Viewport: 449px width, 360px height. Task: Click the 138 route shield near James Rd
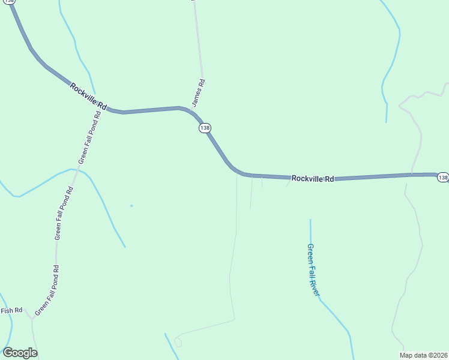pos(205,128)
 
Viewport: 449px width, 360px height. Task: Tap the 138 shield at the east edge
pos(442,177)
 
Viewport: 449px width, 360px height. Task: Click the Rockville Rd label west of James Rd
pos(88,97)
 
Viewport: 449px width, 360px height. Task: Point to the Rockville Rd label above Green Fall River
pos(312,178)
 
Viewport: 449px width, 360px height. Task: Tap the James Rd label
pos(199,93)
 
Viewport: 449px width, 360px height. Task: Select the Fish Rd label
pos(11,310)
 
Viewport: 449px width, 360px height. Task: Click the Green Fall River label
pos(313,269)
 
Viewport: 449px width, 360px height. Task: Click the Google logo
pos(20,353)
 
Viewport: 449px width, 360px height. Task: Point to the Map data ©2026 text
pos(424,355)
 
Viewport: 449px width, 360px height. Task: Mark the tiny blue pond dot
pos(131,206)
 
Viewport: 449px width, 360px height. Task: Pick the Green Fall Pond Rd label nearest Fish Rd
pos(47,291)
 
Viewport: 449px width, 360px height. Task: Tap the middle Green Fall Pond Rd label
pos(64,214)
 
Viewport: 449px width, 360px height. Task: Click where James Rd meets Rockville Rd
pos(193,110)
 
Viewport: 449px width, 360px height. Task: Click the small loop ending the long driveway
pos(178,342)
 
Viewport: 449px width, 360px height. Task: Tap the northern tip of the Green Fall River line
pos(310,220)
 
